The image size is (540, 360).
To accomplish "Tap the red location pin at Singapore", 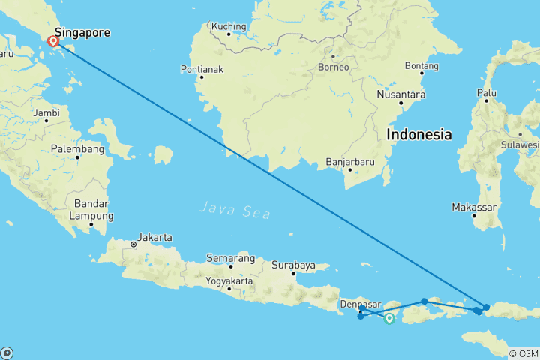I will tap(54, 43).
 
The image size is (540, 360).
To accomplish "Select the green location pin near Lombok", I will tap(389, 318).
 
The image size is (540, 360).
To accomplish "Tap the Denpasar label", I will tap(357, 304).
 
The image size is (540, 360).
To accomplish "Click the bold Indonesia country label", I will tap(419, 135).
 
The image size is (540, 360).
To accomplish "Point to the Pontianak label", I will tap(201, 69).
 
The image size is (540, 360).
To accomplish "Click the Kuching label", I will tap(229, 26).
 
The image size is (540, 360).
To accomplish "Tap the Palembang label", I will tap(77, 149).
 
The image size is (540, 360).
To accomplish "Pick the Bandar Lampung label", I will tap(93, 210).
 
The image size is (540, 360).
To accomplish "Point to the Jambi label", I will tap(46, 113).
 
